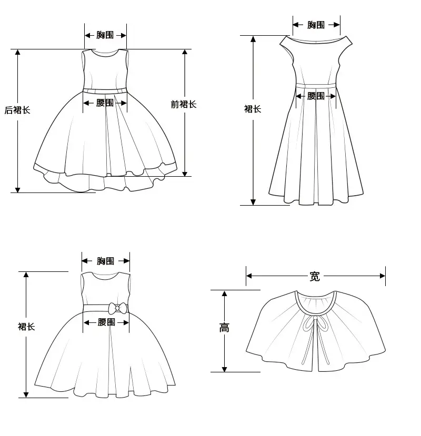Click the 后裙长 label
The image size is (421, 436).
click(x=17, y=110)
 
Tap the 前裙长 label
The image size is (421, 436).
click(x=184, y=104)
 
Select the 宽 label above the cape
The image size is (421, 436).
click(x=315, y=277)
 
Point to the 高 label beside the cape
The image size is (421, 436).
click(x=224, y=328)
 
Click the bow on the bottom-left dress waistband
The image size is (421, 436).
click(x=118, y=308)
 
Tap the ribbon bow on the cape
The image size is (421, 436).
click(x=315, y=324)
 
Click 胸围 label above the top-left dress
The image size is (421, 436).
click(x=105, y=35)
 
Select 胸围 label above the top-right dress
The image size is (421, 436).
click(x=316, y=25)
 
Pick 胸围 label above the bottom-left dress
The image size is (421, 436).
click(x=105, y=261)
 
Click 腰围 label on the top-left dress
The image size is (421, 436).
click(x=105, y=103)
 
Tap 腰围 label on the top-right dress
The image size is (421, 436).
click(x=316, y=96)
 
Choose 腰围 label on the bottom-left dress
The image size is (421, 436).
click(x=106, y=322)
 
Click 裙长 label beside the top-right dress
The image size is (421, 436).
click(x=253, y=109)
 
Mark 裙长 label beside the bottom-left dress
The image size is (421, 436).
click(x=26, y=327)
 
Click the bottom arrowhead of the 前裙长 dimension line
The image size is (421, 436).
click(x=185, y=174)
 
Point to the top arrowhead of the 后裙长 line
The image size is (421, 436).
click(x=17, y=52)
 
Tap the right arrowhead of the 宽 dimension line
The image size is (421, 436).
click(x=383, y=276)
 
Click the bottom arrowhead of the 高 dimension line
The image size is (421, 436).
click(x=225, y=369)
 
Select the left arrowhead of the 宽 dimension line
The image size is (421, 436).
click(x=249, y=276)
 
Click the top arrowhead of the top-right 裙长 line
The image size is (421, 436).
click(x=253, y=38)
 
